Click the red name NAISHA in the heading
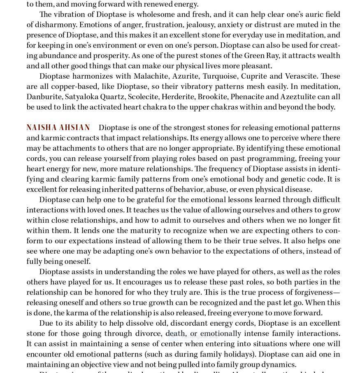pos(41,128)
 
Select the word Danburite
pos(44,97)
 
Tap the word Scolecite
pos(142,97)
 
